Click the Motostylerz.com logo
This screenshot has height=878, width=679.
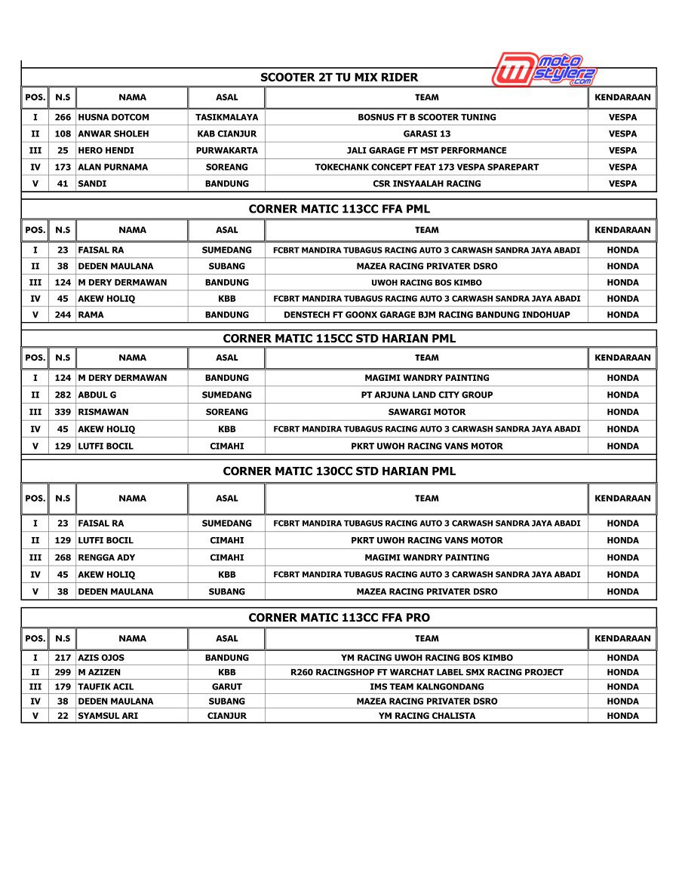544,69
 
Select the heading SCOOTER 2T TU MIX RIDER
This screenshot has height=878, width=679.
339,77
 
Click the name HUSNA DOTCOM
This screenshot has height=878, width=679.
114,117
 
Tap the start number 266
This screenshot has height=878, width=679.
63,117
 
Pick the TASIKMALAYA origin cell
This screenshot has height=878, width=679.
226,117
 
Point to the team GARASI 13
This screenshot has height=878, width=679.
426,134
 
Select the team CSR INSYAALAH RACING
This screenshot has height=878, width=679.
426,183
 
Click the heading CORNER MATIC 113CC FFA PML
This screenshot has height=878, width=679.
339,209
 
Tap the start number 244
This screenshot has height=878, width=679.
63,315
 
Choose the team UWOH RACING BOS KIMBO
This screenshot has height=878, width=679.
426,282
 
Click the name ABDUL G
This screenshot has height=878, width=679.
97,394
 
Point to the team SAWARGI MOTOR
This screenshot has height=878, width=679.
426,412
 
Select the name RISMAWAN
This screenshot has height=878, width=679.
103,412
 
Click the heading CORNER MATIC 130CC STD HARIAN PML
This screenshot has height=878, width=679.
339,471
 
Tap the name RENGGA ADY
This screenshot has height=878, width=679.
107,557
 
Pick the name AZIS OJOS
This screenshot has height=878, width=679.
101,658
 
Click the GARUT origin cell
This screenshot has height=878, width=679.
226,686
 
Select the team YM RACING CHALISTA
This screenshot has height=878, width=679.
426,716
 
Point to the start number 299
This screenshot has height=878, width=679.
63,672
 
